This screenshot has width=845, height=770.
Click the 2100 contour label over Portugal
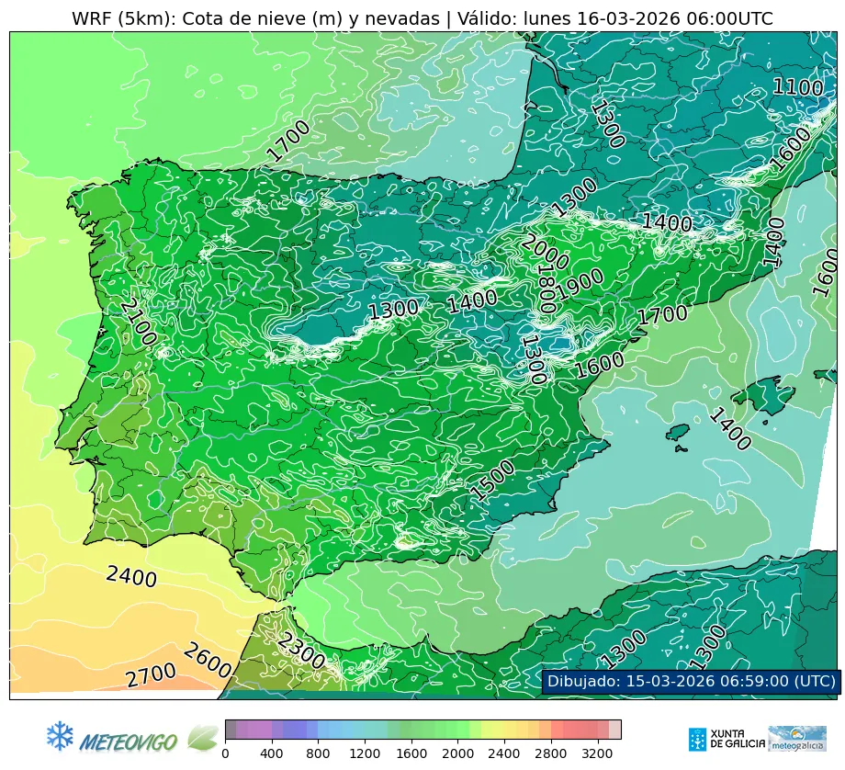pos(138,322)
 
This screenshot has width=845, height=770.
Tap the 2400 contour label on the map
pos(131,577)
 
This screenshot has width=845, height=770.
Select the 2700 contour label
pos(151,676)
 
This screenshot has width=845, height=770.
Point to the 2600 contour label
pos(206,661)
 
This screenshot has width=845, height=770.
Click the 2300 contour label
pos(301,651)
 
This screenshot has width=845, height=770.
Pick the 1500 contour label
pos(493,479)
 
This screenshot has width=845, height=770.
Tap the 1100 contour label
pos(796,87)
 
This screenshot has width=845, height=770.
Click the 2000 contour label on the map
pos(545,252)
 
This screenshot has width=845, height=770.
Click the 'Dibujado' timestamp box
pos(690,681)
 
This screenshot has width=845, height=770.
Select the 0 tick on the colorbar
pos(225,754)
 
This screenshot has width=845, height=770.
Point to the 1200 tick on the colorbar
pos(366,754)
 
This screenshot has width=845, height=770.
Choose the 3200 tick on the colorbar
pos(598,754)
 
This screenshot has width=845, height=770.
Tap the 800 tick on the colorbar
pos(319,754)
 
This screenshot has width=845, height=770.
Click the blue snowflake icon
pos(60,735)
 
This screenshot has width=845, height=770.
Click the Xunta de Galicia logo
pos(726,739)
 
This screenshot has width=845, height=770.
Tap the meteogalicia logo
pos(797,739)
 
